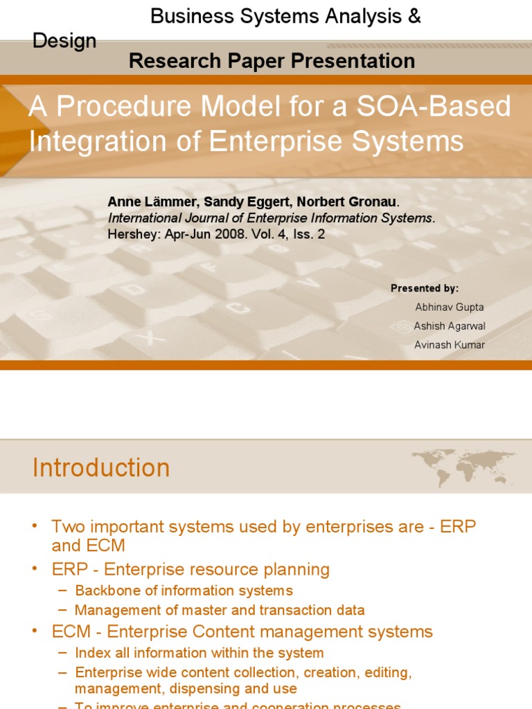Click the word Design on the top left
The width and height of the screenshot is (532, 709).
[x=64, y=41]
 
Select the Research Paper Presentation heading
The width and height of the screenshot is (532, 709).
[x=272, y=61]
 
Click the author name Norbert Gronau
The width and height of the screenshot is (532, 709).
[x=347, y=201]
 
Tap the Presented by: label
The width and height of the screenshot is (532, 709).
[x=425, y=288]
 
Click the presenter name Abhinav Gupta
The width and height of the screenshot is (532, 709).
[x=450, y=307]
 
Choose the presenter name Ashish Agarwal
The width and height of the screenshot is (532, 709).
[x=450, y=325]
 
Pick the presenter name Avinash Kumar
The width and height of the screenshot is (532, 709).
[x=450, y=344]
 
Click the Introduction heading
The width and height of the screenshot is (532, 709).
[x=101, y=468]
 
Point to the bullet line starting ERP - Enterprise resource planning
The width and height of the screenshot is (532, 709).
[x=190, y=570]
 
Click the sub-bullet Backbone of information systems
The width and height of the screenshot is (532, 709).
[x=184, y=591]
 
